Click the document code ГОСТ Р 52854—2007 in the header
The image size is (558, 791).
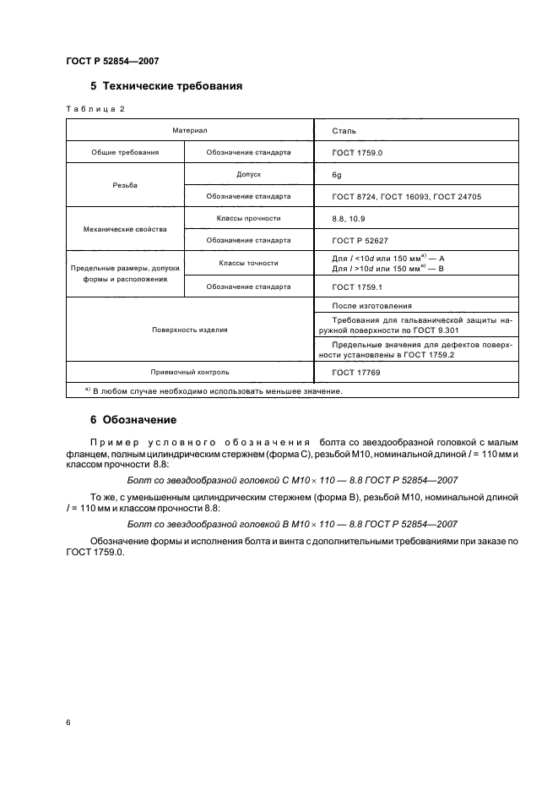pyautogui.click(x=112, y=61)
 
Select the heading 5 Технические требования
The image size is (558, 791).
pyautogui.click(x=166, y=86)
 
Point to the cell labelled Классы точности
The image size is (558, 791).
pyautogui.click(x=248, y=263)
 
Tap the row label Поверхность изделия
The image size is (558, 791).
pyautogui.click(x=189, y=330)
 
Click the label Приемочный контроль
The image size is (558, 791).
pyautogui.click(x=189, y=372)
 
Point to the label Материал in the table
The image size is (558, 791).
pyautogui.click(x=189, y=132)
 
